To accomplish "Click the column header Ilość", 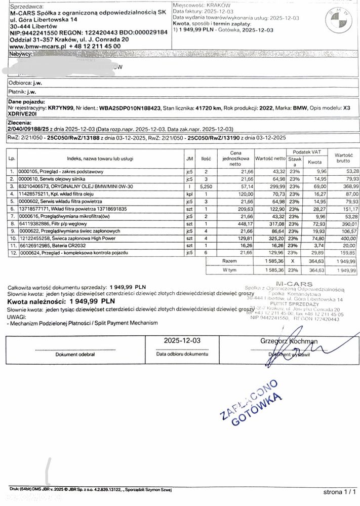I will (x=206, y=159).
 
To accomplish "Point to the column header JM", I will (x=189, y=159).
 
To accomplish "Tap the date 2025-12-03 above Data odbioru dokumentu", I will (x=182, y=341).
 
